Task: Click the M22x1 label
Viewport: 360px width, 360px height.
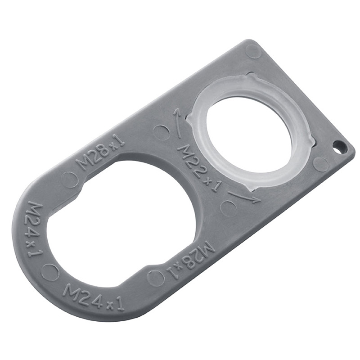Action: point(200,167)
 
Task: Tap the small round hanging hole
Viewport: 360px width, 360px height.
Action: point(338,146)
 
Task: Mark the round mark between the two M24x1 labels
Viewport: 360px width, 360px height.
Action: point(49,272)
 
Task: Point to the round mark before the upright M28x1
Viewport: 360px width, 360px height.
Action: point(69,180)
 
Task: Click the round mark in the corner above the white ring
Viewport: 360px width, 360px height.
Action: point(254,51)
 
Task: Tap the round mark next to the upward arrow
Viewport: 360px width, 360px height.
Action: point(161,132)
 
